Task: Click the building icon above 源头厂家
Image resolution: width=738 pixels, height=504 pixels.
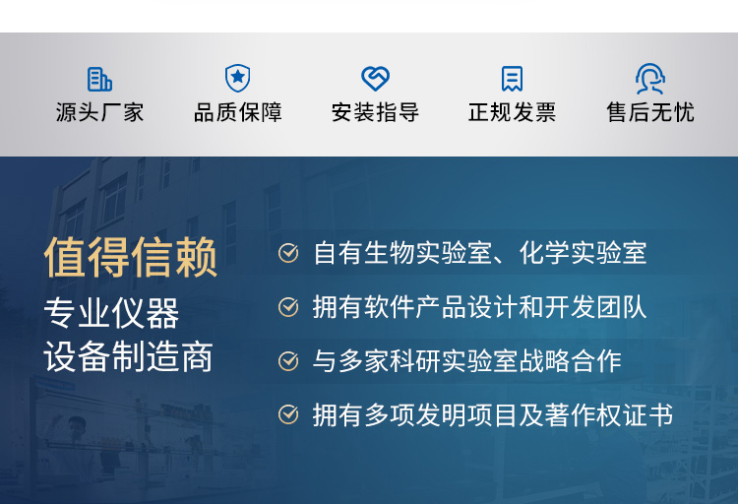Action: pyautogui.click(x=99, y=79)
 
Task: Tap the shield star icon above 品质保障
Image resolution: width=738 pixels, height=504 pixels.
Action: pyautogui.click(x=237, y=79)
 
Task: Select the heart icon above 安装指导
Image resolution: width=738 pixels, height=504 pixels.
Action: pyautogui.click(x=375, y=79)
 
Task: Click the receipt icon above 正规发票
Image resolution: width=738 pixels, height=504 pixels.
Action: pyautogui.click(x=512, y=79)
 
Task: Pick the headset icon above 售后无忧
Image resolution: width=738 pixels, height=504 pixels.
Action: pyautogui.click(x=649, y=79)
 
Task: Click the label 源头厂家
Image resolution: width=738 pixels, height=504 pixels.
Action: pyautogui.click(x=99, y=113)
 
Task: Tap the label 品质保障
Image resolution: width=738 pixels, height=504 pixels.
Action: pyautogui.click(x=237, y=113)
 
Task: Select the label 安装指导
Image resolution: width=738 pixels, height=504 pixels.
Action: pyautogui.click(x=375, y=113)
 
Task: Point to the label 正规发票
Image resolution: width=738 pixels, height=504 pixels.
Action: pyautogui.click(x=512, y=113)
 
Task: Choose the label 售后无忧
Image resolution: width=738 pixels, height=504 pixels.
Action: pyautogui.click(x=649, y=113)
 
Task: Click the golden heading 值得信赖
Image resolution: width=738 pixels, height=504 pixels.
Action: pyautogui.click(x=131, y=258)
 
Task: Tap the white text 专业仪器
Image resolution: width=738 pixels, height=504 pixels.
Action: pyautogui.click(x=111, y=314)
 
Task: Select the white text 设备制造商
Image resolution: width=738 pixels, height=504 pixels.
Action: pyautogui.click(x=128, y=357)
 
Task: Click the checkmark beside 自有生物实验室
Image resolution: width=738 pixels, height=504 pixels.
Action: pyautogui.click(x=288, y=254)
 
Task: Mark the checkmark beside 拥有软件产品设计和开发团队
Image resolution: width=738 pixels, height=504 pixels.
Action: pyautogui.click(x=288, y=307)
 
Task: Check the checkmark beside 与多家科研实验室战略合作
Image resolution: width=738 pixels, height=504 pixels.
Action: pyautogui.click(x=288, y=361)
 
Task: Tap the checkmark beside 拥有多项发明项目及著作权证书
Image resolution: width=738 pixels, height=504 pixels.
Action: pyautogui.click(x=288, y=414)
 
